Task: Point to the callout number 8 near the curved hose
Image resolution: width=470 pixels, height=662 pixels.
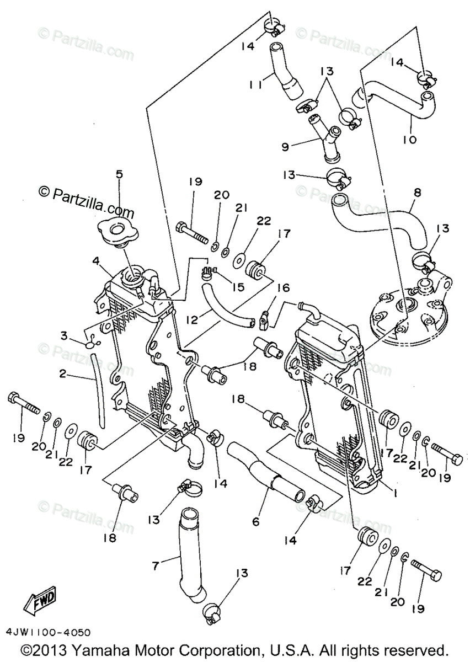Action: point(417,193)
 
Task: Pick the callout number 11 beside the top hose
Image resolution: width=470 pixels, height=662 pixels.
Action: point(254,84)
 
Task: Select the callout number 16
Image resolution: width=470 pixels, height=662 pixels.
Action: point(283,287)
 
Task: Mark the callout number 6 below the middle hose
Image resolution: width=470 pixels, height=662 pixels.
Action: point(255,521)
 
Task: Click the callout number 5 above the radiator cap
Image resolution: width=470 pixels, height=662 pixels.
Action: point(119,174)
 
